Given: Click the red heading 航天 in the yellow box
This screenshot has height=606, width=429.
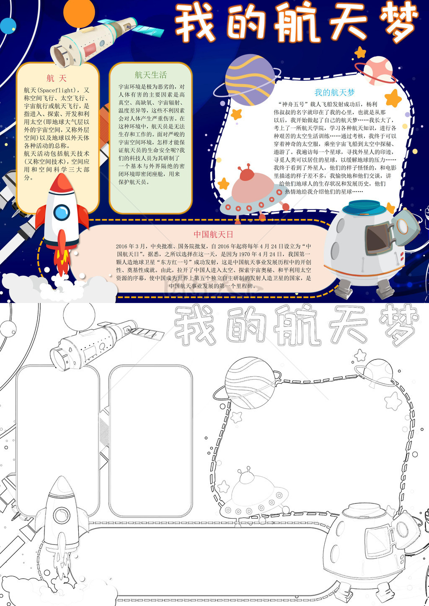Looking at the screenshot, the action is (x=56, y=78).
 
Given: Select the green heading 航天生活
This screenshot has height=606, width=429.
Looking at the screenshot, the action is (x=150, y=75).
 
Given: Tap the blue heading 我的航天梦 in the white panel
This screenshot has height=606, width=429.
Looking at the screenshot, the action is (x=334, y=92).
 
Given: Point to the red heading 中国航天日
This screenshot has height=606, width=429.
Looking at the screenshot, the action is (x=213, y=234).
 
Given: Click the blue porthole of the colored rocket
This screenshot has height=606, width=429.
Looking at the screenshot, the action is (x=62, y=212).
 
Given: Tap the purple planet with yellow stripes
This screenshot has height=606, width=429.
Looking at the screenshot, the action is (x=250, y=80).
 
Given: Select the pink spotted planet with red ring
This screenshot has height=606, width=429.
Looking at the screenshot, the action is (x=378, y=70).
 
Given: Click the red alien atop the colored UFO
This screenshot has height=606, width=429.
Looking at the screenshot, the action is (x=247, y=173).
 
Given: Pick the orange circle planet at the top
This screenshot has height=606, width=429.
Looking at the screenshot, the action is (x=79, y=12).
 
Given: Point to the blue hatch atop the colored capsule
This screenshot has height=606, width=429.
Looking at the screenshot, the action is (x=364, y=207).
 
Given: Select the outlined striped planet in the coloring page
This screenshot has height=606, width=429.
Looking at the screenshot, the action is (x=250, y=383).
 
